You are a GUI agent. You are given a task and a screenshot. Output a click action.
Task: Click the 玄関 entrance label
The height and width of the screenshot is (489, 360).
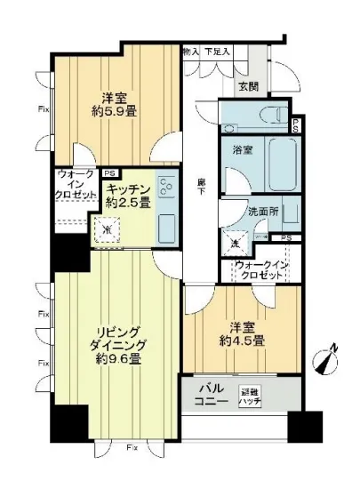coord(248,86)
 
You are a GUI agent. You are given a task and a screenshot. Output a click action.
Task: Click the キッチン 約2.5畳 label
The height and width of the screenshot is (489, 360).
coord(127,195)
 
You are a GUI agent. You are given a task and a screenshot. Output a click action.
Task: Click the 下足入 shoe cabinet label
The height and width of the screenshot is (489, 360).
coord(218,52)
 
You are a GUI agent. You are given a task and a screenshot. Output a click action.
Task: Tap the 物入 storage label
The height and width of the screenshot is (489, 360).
coord(190,52)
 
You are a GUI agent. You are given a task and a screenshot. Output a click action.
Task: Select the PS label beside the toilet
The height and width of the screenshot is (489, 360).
coord(295,124)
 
